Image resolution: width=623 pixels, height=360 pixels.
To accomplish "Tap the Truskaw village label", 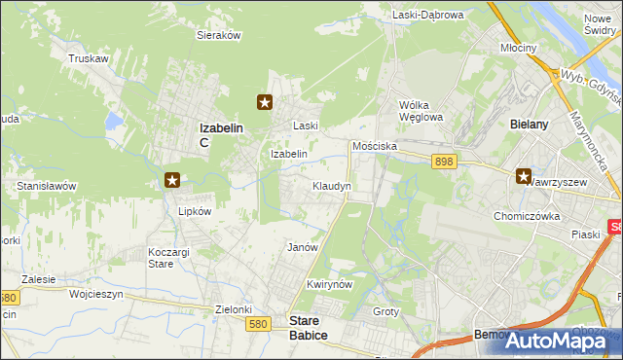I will point(88,58).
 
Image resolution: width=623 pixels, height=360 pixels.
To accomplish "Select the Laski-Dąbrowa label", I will point(428,15).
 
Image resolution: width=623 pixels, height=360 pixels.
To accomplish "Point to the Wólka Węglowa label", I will point(421,111).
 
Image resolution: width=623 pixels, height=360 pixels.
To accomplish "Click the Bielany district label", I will point(531,125).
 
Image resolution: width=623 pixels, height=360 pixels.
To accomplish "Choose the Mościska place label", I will point(374,145).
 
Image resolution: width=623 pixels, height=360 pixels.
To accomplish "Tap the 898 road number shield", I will point(445,162).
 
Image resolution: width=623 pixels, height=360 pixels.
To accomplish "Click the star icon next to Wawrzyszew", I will point(524,177).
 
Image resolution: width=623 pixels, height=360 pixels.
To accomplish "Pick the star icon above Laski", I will point(264,101).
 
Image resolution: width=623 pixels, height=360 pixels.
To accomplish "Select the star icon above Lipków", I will point(172,179).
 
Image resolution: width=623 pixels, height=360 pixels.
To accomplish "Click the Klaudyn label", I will point(332,185).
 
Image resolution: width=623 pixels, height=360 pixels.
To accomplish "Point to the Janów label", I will point(303,247).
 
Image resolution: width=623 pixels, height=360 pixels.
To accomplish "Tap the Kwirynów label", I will point(328,284).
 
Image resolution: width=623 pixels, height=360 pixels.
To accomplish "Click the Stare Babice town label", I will point(309,326).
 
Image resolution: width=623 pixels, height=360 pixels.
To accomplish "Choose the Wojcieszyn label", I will point(96,293).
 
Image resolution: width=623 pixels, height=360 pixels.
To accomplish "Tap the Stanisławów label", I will point(47,185).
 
